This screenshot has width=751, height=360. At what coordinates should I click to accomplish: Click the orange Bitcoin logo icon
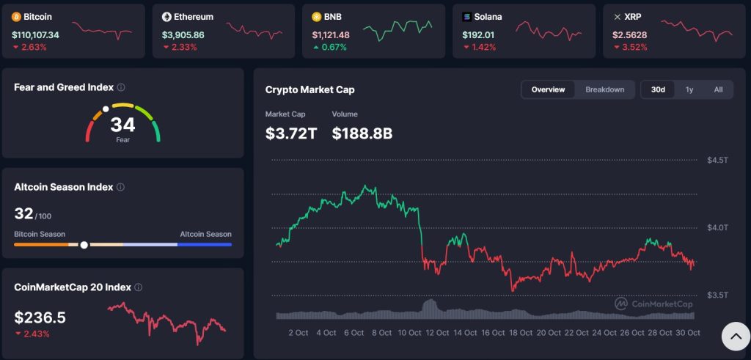click(16, 16)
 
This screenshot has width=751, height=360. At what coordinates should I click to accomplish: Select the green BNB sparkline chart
click(398, 29)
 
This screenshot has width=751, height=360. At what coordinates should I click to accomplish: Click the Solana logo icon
click(467, 16)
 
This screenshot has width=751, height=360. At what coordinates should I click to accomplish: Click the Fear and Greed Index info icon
click(121, 87)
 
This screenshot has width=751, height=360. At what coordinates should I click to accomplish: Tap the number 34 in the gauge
click(122, 125)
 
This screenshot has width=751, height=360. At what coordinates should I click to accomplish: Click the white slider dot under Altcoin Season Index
click(84, 245)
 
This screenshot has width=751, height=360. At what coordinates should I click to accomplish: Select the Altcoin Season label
click(205, 235)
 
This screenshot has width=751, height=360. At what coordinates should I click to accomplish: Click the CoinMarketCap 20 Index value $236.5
click(40, 317)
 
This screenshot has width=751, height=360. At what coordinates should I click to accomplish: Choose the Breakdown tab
click(604, 89)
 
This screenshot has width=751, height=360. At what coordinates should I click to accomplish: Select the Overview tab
click(549, 89)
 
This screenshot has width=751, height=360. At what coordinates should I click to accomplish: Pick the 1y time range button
click(689, 89)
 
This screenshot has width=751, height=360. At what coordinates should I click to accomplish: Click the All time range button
click(718, 89)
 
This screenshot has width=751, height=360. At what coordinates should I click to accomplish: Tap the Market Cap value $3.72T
click(291, 133)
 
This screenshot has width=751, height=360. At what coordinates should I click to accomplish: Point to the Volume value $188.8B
click(362, 133)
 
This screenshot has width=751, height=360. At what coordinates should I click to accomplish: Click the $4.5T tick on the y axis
click(717, 160)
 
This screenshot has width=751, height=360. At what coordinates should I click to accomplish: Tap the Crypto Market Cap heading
click(309, 89)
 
